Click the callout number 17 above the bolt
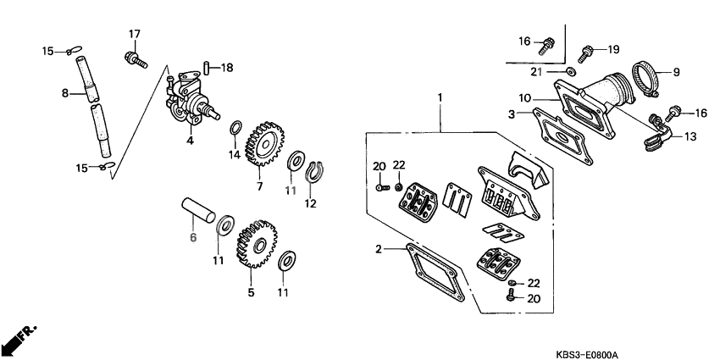(134, 33)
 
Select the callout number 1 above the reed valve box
(440, 98)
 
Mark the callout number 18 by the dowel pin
(227, 68)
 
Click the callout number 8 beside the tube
(64, 94)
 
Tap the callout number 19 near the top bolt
(612, 48)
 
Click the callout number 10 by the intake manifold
(524, 98)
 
